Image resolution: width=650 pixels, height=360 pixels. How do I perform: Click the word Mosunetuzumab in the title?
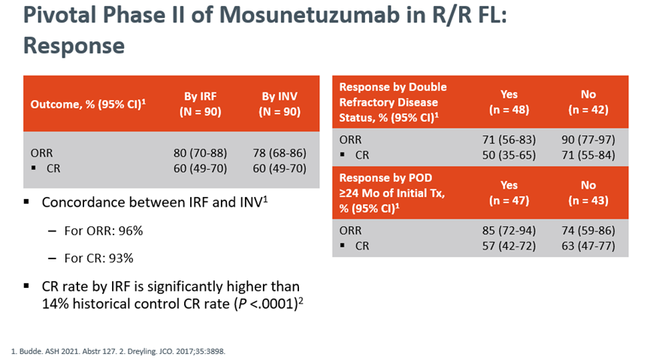pos(280,17)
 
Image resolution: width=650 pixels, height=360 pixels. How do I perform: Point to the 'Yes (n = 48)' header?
pos(510,102)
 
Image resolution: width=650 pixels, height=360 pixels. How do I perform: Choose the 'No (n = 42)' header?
pos(588,102)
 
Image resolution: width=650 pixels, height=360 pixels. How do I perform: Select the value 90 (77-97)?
pos(588,139)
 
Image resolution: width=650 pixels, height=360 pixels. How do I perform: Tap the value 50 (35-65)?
pos(510,154)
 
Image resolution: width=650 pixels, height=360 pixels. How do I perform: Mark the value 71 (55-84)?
pos(588,154)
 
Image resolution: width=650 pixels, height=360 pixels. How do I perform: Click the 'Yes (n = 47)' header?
pos(510,193)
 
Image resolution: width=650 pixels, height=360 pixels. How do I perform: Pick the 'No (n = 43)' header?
pos(588,193)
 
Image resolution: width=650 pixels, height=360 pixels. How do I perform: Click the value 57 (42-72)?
pos(510,246)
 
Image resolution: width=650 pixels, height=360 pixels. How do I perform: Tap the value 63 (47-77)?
pos(588,246)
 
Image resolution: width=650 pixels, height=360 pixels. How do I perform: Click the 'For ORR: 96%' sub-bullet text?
pos(104,231)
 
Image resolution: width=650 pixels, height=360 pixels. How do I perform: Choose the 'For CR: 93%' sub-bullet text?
pos(100,259)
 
